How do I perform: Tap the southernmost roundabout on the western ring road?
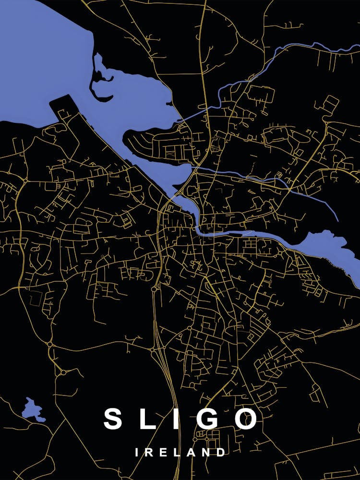pos(63,372)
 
